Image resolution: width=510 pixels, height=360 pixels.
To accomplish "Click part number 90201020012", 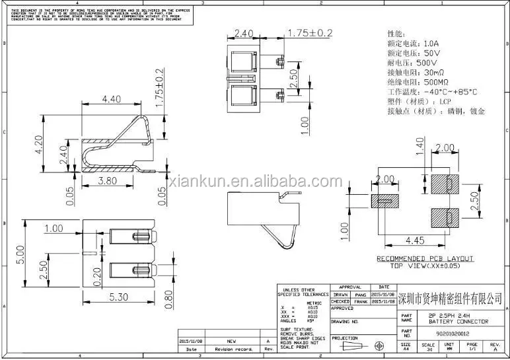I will point(446,334).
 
